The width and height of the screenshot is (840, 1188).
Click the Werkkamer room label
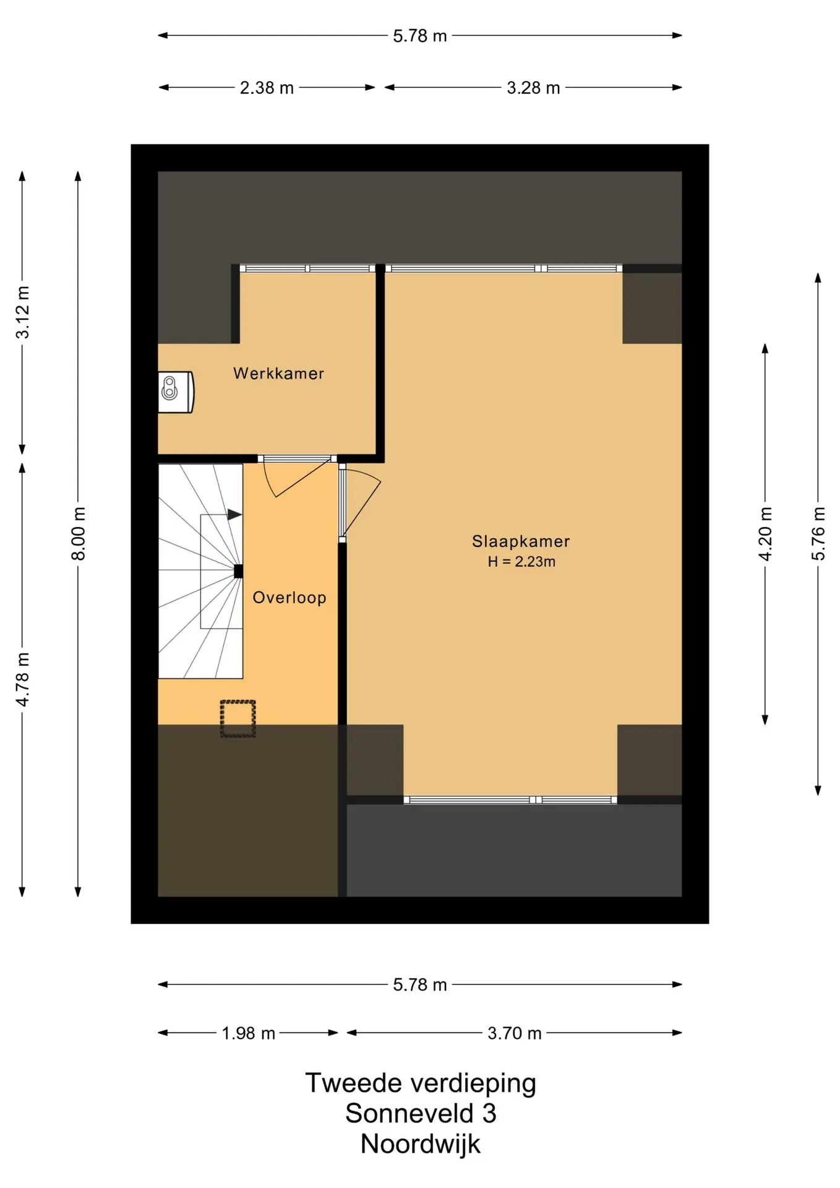click(x=278, y=374)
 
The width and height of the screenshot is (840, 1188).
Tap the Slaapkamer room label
click(x=521, y=541)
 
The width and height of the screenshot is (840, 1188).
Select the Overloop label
click(x=289, y=598)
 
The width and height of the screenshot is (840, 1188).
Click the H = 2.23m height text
click(x=521, y=562)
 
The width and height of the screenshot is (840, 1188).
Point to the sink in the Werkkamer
click(x=176, y=392)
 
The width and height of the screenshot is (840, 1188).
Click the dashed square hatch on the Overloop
click(x=238, y=718)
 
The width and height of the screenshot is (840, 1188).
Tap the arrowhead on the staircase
click(x=234, y=514)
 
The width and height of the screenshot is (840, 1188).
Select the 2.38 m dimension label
click(x=267, y=88)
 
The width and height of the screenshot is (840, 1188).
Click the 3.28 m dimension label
click(x=533, y=88)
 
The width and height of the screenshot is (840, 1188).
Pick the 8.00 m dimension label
click(x=79, y=533)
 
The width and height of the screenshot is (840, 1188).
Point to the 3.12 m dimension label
click(x=23, y=312)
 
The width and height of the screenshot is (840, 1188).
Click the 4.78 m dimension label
click(x=23, y=679)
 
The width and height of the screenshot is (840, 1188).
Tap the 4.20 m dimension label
click(x=765, y=534)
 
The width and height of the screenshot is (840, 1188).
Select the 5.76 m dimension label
click(x=818, y=534)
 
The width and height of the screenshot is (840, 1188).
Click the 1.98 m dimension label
click(x=248, y=1033)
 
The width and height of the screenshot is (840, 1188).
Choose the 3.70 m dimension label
click(x=514, y=1033)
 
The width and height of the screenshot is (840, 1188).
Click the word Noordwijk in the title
click(x=420, y=1144)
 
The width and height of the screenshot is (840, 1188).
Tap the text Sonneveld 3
click(x=421, y=1114)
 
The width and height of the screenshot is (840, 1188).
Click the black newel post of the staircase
click(x=238, y=571)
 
